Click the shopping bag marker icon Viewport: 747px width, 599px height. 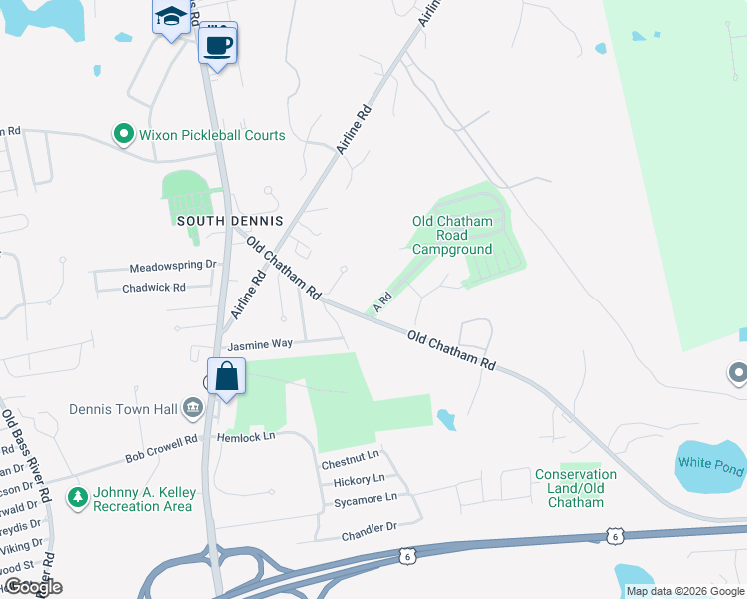[x=227, y=377]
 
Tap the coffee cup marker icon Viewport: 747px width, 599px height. [x=217, y=45]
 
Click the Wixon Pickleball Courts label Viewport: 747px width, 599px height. [x=212, y=135]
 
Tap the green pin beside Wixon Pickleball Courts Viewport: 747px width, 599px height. [x=124, y=133]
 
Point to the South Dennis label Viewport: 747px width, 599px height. [x=230, y=220]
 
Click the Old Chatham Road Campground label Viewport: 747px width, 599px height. [x=452, y=235]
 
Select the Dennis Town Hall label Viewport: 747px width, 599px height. [x=123, y=409]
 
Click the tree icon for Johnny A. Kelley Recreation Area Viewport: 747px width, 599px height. [x=76, y=496]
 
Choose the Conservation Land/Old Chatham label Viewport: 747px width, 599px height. [x=576, y=488]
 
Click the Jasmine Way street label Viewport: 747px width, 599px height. [x=260, y=343]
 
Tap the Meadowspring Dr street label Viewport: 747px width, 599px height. [x=173, y=267]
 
